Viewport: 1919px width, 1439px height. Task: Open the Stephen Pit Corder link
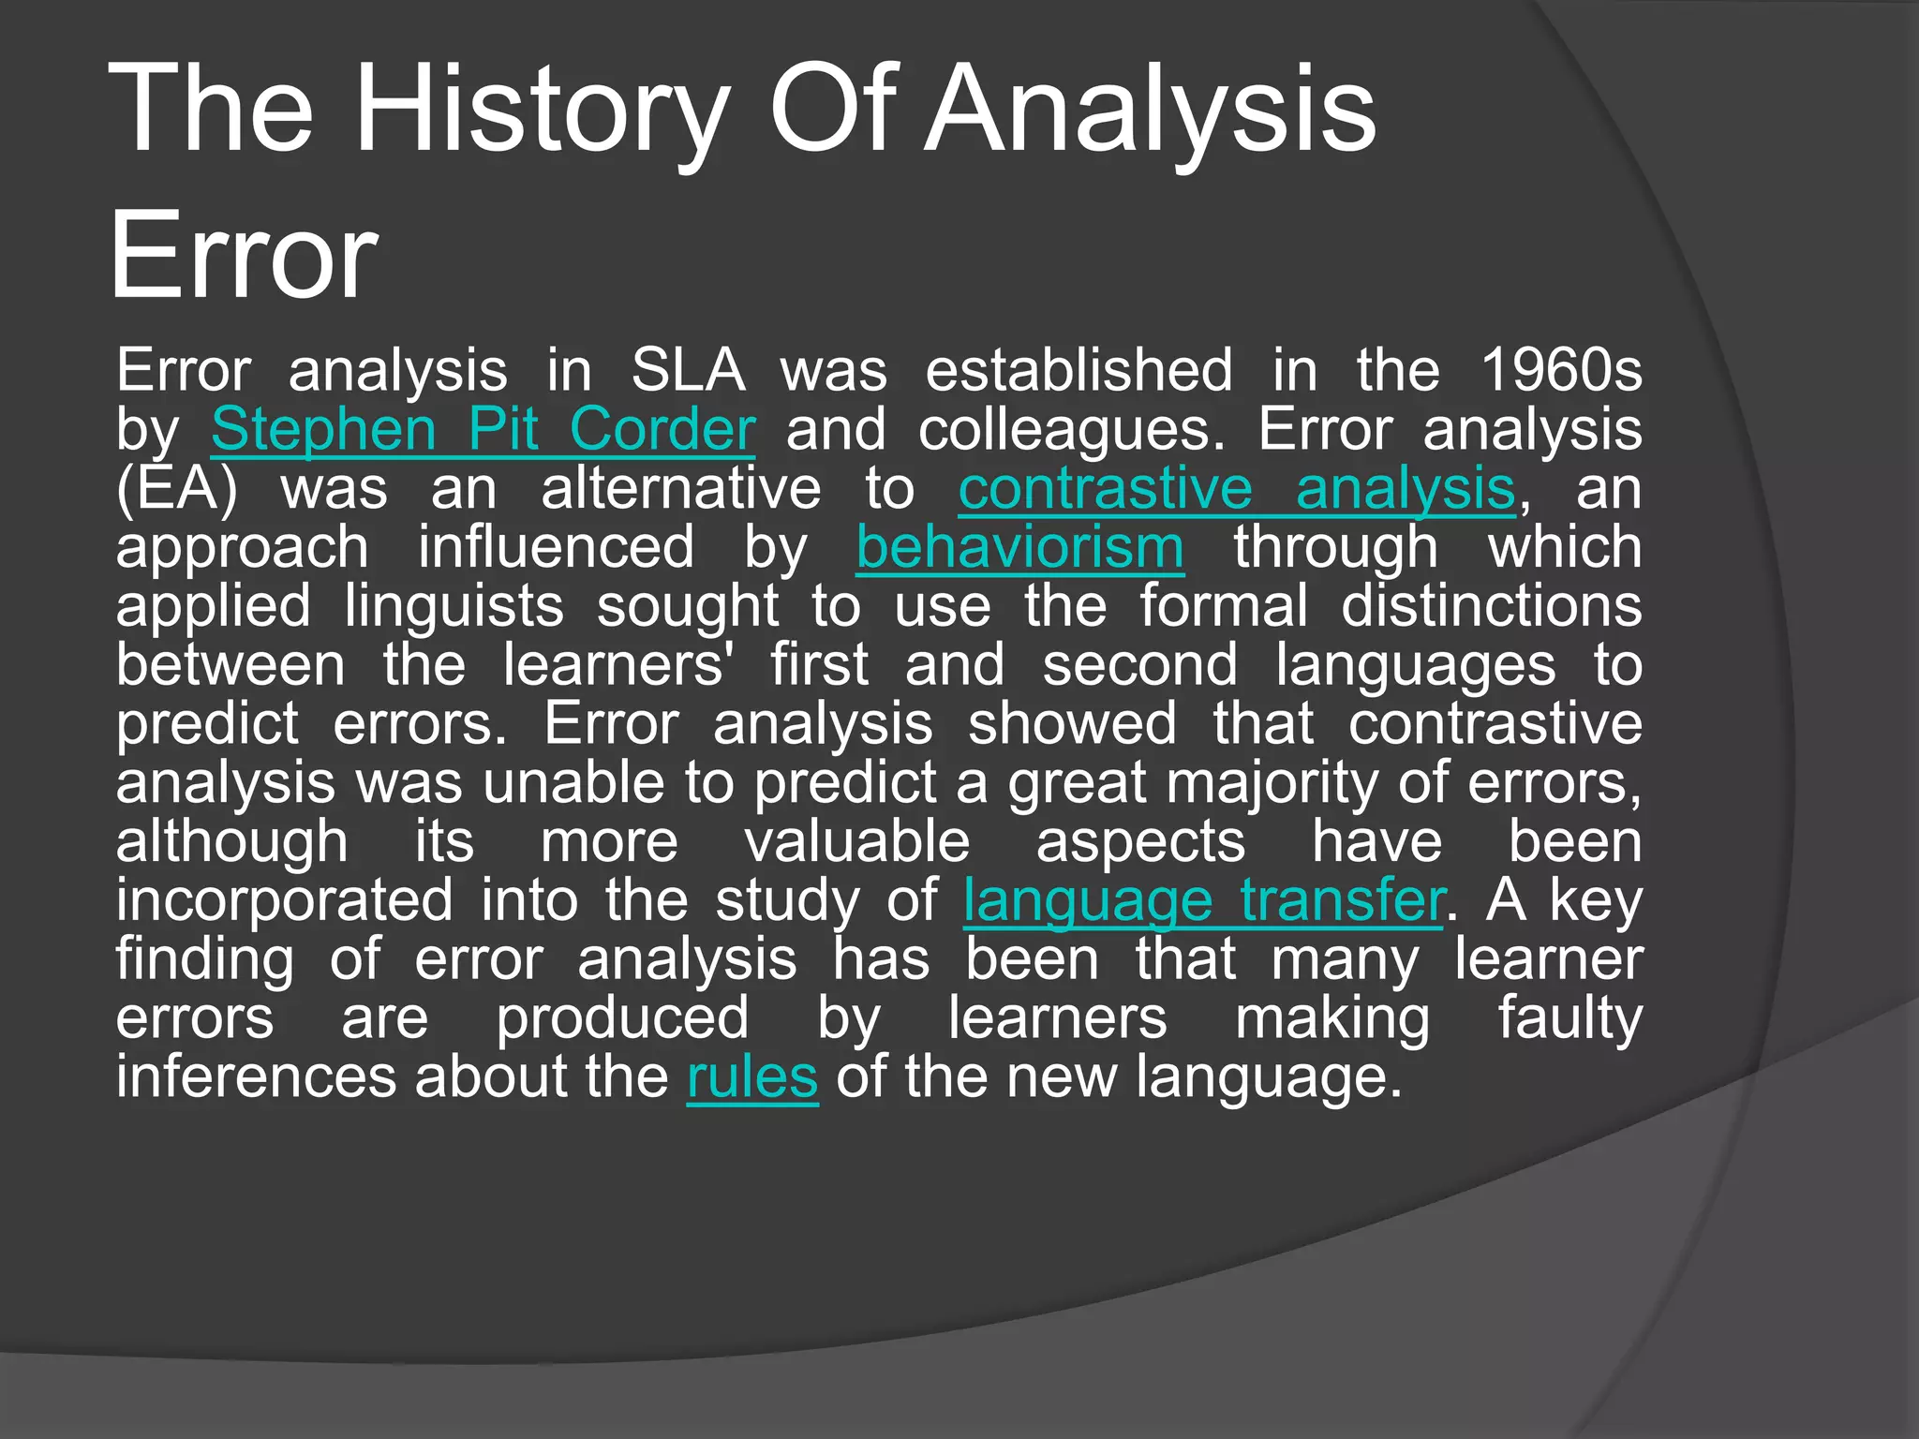[483, 430]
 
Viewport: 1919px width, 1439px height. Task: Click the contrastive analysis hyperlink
[1236, 489]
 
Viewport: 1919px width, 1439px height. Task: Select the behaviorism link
[1019, 548]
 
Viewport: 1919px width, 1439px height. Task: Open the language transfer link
[1203, 901]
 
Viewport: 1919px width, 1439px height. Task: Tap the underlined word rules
[752, 1077]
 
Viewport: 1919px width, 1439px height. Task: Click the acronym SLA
[688, 371]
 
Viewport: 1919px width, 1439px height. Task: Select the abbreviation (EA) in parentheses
[177, 489]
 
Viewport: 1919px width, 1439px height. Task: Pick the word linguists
[454, 607]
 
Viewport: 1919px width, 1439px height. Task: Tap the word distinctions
[1491, 607]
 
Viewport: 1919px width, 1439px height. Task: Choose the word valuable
[857, 842]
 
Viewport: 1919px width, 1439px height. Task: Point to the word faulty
[1569, 1019]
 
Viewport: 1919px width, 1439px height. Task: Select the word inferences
[255, 1077]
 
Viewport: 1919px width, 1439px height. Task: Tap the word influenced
[556, 548]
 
